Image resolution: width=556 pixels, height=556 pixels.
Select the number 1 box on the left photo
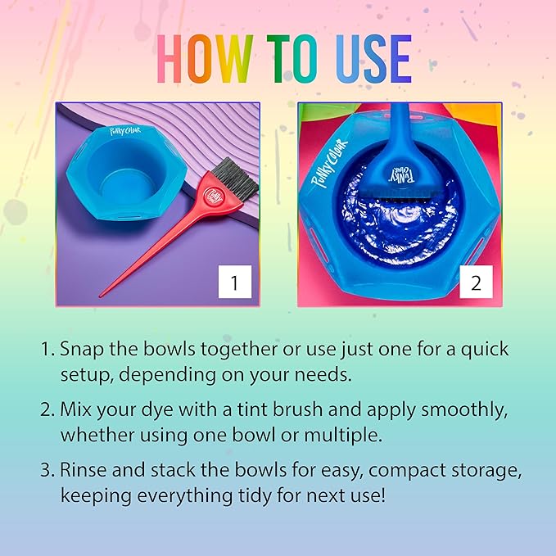click(x=234, y=283)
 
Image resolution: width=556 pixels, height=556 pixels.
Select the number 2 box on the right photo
click(x=476, y=283)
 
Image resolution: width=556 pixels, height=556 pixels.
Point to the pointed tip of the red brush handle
click(x=102, y=295)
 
